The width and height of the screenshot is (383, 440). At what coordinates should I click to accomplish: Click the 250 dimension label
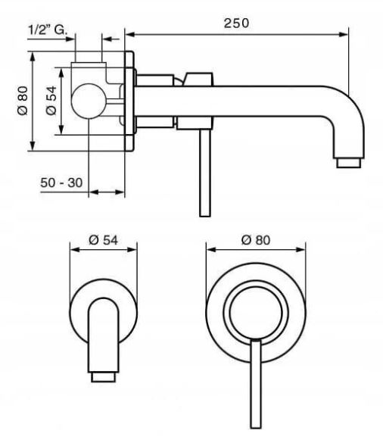coord(236,23)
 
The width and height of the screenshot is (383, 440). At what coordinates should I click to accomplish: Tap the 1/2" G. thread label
coord(48,30)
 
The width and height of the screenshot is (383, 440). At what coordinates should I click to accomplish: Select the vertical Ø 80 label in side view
coord(23,101)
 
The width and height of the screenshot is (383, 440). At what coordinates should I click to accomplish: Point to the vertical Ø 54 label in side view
coord(51,101)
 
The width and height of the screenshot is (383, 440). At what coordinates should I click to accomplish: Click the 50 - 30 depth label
coord(61,183)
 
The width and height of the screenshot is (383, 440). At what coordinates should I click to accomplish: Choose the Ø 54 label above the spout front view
coord(104,240)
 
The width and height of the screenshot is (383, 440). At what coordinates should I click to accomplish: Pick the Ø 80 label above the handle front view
coord(256,240)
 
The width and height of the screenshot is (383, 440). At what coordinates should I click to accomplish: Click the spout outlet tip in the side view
coord(348,163)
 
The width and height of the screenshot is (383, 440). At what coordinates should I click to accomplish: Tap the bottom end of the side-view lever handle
coord(205,215)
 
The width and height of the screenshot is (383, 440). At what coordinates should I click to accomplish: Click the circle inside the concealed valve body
coord(89,101)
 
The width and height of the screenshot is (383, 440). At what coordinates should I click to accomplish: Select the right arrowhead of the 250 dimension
coord(344,35)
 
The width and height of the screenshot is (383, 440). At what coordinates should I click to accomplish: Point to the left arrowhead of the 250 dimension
coord(130,35)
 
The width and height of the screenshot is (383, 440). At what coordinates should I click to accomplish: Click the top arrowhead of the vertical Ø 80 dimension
coord(33,57)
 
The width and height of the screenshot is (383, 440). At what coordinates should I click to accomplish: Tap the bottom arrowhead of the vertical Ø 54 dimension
coord(61,130)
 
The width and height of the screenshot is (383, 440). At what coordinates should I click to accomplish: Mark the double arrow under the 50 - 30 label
coord(107,192)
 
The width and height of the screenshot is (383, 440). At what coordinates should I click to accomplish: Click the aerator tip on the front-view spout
coord(103,377)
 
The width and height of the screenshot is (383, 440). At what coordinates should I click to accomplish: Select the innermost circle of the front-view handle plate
coord(256,312)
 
